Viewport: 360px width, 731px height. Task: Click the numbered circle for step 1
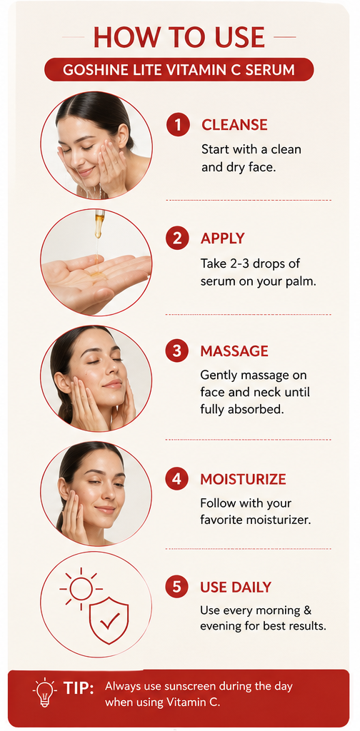click(x=178, y=125)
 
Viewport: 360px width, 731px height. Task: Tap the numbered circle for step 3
click(x=176, y=351)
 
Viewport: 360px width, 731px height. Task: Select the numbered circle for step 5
click(x=176, y=587)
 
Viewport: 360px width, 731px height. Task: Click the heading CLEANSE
click(x=234, y=125)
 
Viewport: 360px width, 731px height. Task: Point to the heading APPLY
click(x=222, y=238)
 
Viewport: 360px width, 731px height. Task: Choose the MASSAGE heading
click(x=234, y=351)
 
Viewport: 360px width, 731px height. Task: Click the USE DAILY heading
click(x=236, y=587)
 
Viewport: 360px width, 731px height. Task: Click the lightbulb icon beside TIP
click(x=45, y=692)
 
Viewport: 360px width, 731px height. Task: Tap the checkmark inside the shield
click(x=109, y=620)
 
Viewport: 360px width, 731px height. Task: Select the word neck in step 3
click(x=269, y=393)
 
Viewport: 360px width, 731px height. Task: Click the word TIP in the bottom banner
click(x=79, y=689)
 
